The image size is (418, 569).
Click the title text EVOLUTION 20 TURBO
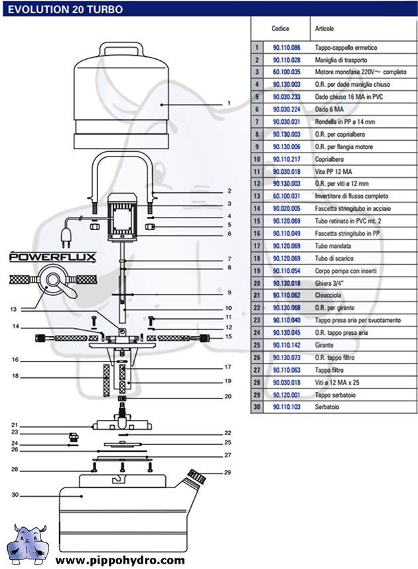pyautogui.click(x=66, y=9)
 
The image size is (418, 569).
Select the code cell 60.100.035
pyautogui.click(x=287, y=72)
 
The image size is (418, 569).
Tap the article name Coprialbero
pyautogui.click(x=329, y=159)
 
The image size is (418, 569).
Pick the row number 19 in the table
pyautogui.click(x=257, y=271)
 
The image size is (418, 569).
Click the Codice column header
pyautogui.click(x=281, y=29)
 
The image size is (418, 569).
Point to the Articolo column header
pyautogui.click(x=324, y=29)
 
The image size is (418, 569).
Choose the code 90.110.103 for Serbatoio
pyautogui.click(x=287, y=407)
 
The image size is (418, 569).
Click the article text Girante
pyautogui.click(x=324, y=345)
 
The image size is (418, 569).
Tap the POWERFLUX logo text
pyautogui.click(x=52, y=257)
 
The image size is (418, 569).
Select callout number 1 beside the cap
pyautogui.click(x=229, y=103)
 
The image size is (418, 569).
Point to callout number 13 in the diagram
pyautogui.click(x=13, y=309)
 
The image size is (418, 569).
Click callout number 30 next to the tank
pyautogui.click(x=15, y=495)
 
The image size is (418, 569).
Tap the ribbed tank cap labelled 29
pyautogui.click(x=196, y=475)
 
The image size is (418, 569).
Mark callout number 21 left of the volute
pyautogui.click(x=15, y=425)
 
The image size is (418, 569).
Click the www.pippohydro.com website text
pyautogui.click(x=120, y=560)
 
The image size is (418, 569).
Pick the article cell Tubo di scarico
pyautogui.click(x=334, y=259)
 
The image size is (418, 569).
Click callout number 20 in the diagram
pyautogui.click(x=228, y=397)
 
